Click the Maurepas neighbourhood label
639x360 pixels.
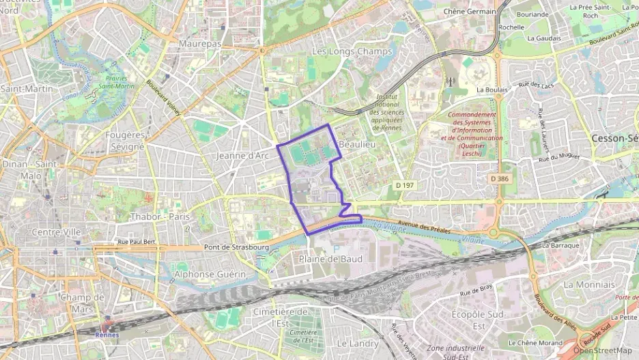click(199, 43)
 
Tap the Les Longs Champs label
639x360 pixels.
click(352, 51)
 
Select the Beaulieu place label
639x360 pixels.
click(357, 145)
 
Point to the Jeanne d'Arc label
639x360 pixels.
click(243, 156)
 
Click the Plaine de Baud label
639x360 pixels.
click(330, 259)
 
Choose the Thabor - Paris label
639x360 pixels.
click(159, 217)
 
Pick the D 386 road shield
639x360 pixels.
click(500, 178)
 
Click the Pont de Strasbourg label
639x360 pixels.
click(236, 247)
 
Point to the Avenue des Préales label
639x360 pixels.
click(424, 227)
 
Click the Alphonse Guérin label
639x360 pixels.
click(210, 273)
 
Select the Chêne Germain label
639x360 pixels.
click(470, 12)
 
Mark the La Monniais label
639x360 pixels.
click(589, 284)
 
